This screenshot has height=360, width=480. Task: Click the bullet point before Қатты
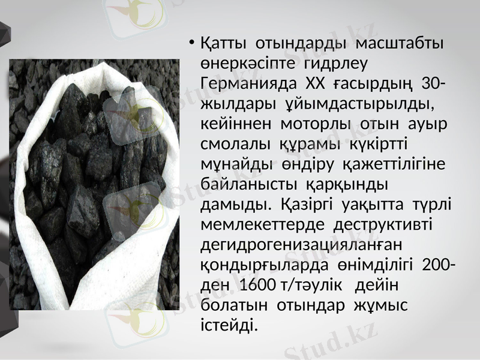190,43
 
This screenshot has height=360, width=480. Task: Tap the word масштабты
400,44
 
